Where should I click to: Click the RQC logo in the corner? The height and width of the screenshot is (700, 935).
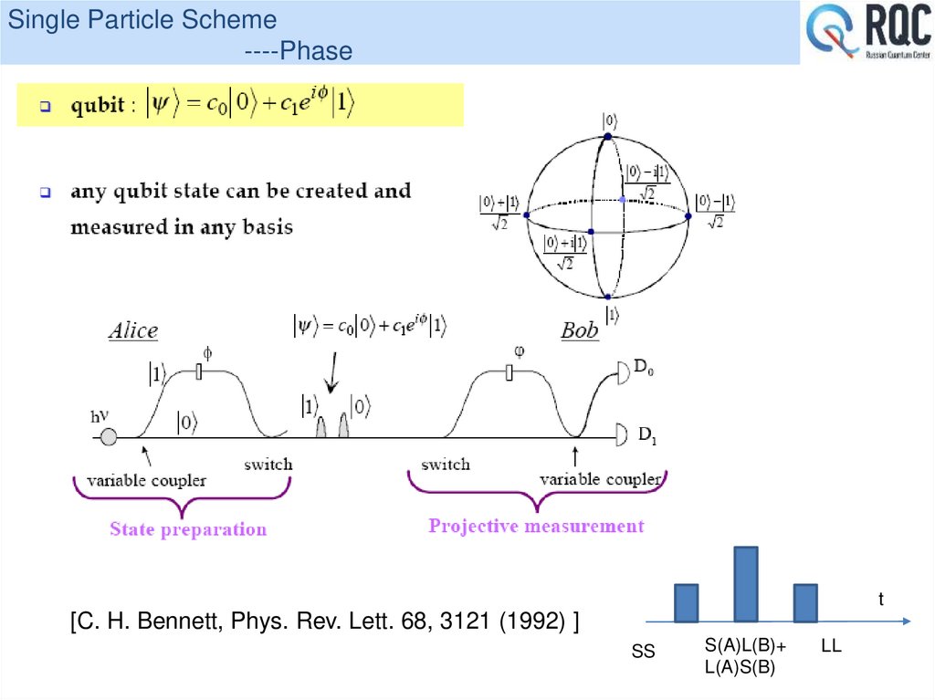[867, 34]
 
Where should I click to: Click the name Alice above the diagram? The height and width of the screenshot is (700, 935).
[133, 330]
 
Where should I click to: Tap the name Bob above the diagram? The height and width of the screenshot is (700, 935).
[580, 329]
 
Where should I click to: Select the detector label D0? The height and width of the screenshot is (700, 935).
[645, 368]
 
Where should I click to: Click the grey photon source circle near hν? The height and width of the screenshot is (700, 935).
[109, 438]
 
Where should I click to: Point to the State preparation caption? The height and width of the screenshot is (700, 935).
[188, 529]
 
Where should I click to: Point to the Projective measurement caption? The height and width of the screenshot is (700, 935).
[536, 526]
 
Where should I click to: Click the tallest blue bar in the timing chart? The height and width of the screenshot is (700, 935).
[746, 583]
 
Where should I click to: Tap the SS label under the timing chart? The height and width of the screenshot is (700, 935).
[644, 653]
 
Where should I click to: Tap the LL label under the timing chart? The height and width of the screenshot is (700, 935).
[831, 646]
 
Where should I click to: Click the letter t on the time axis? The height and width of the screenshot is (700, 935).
[881, 599]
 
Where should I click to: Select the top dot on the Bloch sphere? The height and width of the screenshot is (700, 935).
[606, 136]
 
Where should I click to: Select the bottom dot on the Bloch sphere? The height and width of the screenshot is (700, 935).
[606, 297]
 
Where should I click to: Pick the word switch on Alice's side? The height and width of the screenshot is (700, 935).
[268, 464]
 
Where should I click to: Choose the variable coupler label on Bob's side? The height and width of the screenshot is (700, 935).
[600, 479]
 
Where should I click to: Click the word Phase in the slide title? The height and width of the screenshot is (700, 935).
[316, 51]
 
